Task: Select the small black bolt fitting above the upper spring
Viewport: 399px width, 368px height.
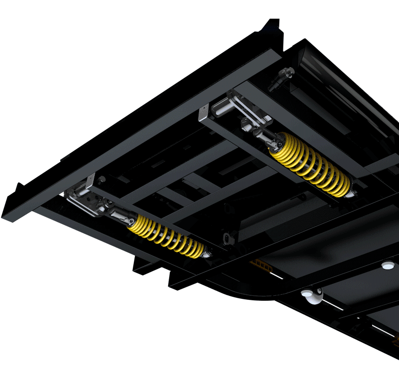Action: (280, 78)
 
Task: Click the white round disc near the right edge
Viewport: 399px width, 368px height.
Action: (387, 265)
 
